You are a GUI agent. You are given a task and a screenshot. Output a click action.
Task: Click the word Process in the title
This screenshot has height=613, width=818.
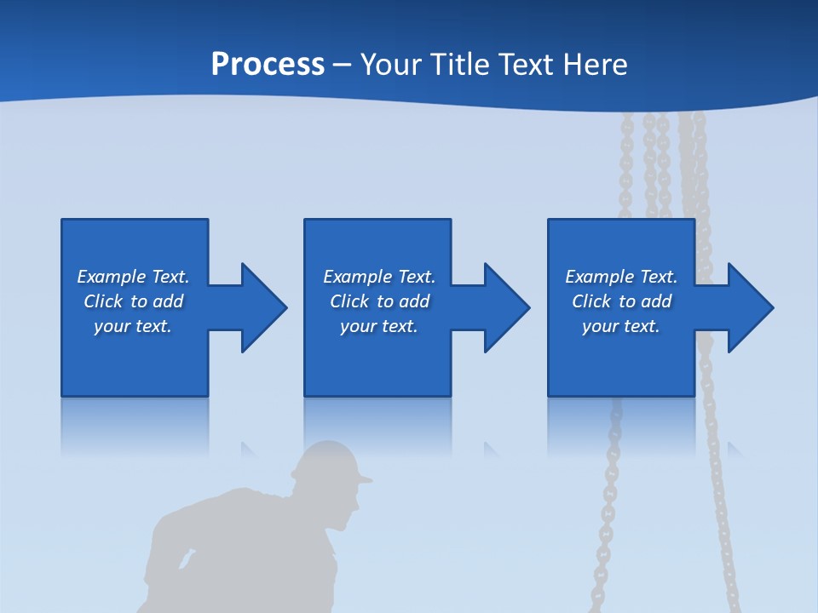pyautogui.click(x=268, y=65)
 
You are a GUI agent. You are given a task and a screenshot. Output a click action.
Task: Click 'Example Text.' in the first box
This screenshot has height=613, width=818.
pyautogui.click(x=133, y=277)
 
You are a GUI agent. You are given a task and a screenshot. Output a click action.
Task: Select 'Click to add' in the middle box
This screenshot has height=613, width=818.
pyautogui.click(x=379, y=301)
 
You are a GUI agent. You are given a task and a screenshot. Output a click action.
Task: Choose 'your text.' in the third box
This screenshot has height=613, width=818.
pyautogui.click(x=621, y=326)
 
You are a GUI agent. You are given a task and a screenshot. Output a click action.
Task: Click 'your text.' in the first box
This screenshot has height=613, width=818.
pyautogui.click(x=133, y=326)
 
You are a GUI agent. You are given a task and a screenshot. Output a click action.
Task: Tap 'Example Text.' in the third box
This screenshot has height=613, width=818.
pyautogui.click(x=621, y=277)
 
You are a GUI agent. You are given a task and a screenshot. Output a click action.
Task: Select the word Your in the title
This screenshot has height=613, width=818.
pyautogui.click(x=390, y=65)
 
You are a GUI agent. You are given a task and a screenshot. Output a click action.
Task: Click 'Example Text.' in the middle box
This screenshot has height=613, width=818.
pyautogui.click(x=379, y=277)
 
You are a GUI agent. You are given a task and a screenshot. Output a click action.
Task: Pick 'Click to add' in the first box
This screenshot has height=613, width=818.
pyautogui.click(x=133, y=301)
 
